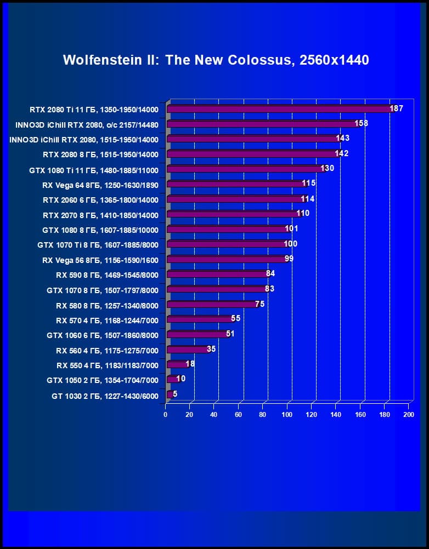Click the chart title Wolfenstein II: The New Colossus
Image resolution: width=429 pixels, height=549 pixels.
(216, 60)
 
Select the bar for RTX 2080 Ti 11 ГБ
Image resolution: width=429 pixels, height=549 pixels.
(279, 109)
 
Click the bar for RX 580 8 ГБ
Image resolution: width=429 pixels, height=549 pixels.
(211, 304)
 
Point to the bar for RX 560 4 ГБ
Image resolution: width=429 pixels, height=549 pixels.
(187, 350)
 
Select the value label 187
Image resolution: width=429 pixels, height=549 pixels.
(396, 108)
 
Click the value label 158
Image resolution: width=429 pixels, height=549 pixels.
(361, 123)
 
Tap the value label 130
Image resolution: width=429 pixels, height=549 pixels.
(327, 168)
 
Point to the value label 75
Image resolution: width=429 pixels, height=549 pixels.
(260, 304)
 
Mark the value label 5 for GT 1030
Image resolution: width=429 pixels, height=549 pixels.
(175, 393)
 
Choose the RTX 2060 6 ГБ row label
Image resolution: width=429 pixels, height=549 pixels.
(100, 200)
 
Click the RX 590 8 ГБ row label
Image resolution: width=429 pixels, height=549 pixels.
(107, 275)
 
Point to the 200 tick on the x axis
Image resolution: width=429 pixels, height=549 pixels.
(408, 415)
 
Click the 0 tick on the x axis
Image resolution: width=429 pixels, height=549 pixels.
(166, 415)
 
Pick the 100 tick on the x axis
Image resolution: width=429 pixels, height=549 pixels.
(287, 415)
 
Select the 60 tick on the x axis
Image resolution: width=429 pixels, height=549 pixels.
(239, 415)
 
